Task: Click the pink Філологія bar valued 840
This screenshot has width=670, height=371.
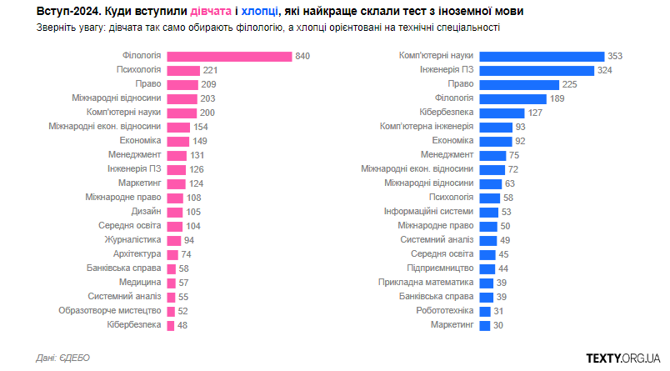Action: click(229, 56)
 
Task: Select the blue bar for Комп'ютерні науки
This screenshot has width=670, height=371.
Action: click(542, 56)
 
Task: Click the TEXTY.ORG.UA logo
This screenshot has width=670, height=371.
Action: click(623, 358)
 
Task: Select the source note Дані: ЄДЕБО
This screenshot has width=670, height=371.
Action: click(63, 358)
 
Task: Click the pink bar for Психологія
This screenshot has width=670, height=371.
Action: click(183, 70)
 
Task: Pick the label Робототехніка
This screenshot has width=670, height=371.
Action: click(445, 310)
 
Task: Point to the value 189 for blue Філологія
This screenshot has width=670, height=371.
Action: click(556, 98)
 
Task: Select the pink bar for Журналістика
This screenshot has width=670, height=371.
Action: click(173, 239)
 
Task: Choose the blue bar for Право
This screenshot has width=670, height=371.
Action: click(519, 84)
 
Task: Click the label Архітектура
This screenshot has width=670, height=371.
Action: click(137, 253)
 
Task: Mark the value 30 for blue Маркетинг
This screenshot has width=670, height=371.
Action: click(497, 324)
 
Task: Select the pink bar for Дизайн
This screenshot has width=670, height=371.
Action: click(174, 211)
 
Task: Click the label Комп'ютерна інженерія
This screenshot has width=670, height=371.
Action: click(427, 127)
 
